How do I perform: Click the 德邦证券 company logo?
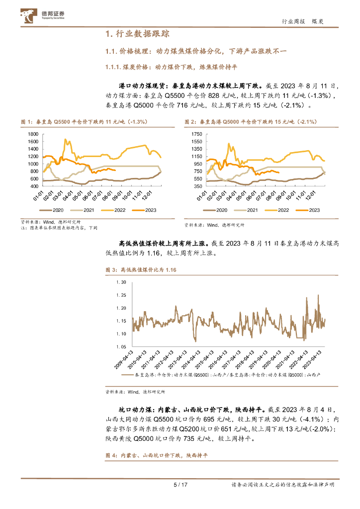tap(45, 16)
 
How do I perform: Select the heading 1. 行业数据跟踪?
tap(138, 34)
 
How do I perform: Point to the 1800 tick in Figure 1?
tap(33, 134)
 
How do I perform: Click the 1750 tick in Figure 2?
tap(196, 134)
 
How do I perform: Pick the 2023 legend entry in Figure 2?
tap(310, 210)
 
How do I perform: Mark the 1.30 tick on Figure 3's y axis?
tap(121, 282)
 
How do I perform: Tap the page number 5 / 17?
tap(180, 485)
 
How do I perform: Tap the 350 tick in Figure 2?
tap(197, 186)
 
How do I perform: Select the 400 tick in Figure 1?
tap(34, 186)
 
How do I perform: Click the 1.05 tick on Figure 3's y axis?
tap(121, 346)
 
